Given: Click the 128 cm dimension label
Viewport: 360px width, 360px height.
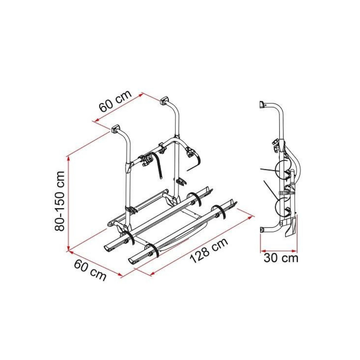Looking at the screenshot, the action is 209,250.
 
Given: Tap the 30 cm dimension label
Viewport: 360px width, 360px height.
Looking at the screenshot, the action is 281,258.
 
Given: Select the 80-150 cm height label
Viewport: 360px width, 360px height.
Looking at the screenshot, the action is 60,201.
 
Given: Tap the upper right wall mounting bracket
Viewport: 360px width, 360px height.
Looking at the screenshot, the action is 164,101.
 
